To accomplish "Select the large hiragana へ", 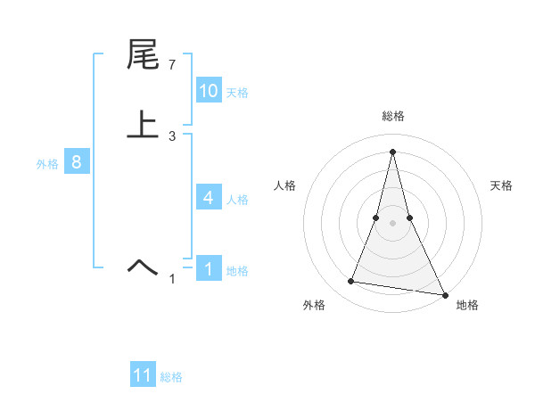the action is [143, 266].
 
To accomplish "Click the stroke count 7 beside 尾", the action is [172, 66].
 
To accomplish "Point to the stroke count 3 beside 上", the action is [172, 136].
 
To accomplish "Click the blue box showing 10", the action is [208, 91].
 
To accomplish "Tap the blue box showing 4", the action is [208, 198].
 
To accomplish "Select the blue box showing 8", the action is [77, 162].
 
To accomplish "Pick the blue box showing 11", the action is [143, 375].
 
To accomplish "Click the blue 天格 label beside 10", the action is [237, 93].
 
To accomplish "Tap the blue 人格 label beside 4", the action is [237, 200].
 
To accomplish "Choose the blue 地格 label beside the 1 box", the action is [237, 271].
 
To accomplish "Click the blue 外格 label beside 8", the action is [47, 164].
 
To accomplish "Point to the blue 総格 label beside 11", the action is [171, 377].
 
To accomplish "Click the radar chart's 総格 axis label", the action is [392, 116].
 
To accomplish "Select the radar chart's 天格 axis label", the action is [501, 185].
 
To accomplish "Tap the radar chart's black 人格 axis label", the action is [285, 185].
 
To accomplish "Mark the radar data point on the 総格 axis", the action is [392, 152].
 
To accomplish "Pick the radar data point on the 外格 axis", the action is [351, 282].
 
